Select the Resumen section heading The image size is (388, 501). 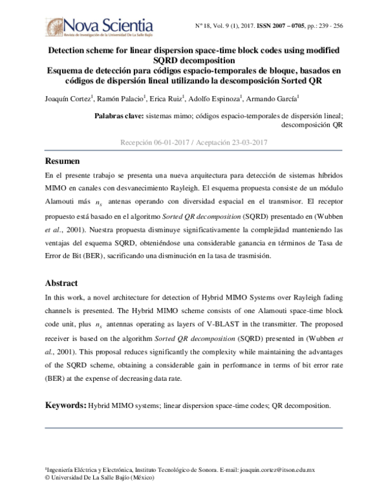[x=62, y=161]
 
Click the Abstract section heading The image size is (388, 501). [x=61, y=283]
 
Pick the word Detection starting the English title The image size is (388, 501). [x=72, y=49]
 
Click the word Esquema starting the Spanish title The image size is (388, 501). [x=69, y=70]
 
